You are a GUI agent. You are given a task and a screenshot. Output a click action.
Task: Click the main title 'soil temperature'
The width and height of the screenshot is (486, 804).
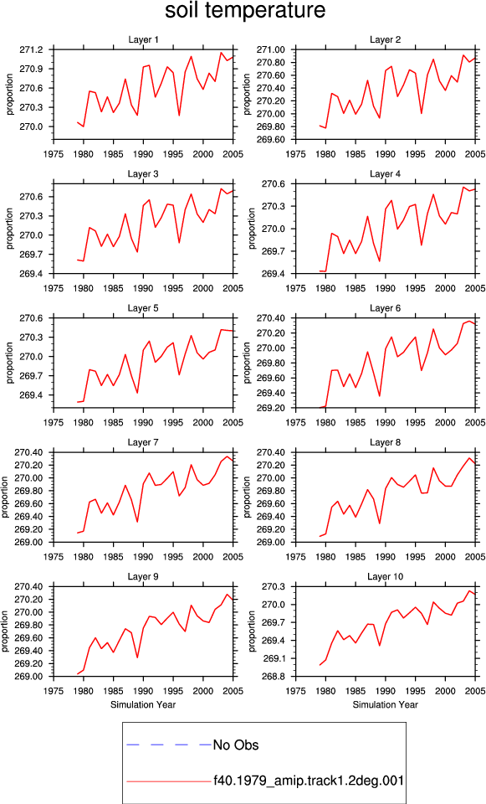pyautogui.click(x=245, y=10)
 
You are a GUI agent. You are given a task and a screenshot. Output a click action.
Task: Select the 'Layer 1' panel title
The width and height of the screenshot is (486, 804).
pyautogui.click(x=143, y=40)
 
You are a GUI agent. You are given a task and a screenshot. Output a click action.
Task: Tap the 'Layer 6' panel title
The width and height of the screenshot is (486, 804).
pyautogui.click(x=385, y=308)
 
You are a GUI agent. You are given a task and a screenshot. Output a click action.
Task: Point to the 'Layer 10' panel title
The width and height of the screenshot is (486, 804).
pyautogui.click(x=385, y=577)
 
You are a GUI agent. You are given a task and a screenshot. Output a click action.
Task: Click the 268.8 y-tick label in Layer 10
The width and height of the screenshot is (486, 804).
pyautogui.click(x=274, y=677)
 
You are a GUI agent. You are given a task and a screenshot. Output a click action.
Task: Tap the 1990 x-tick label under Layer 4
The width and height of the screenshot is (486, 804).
pyautogui.click(x=386, y=289)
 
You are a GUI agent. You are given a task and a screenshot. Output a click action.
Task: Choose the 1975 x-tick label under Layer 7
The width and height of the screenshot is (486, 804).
pyautogui.click(x=54, y=557)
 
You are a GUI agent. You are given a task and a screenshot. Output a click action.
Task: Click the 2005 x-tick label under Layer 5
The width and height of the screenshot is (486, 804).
pyautogui.click(x=233, y=423)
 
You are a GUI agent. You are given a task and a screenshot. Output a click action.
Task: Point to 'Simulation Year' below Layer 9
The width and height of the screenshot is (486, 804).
pyautogui.click(x=143, y=705)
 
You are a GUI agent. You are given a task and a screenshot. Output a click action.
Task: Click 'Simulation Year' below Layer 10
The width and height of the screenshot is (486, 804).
pyautogui.click(x=385, y=705)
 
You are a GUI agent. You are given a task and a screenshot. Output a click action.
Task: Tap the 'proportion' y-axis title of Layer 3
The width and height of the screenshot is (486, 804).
pyautogui.click(x=9, y=229)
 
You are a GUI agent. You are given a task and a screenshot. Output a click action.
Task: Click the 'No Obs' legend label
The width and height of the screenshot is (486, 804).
pyautogui.click(x=236, y=745)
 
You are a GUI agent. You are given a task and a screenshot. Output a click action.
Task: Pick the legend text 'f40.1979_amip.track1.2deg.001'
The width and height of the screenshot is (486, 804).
pyautogui.click(x=309, y=781)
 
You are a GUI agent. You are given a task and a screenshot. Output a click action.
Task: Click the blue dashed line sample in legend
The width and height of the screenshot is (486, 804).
pyautogui.click(x=169, y=745)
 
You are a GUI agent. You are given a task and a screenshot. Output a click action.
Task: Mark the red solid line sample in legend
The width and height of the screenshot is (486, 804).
pyautogui.click(x=169, y=781)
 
